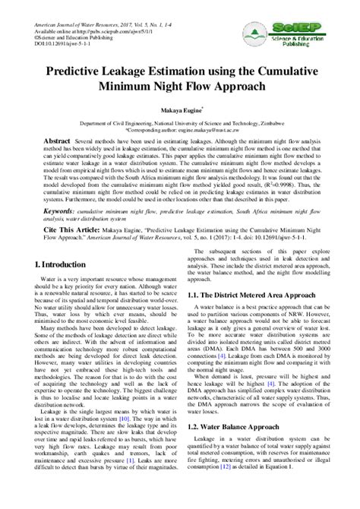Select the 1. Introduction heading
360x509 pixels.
coord(61,265)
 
